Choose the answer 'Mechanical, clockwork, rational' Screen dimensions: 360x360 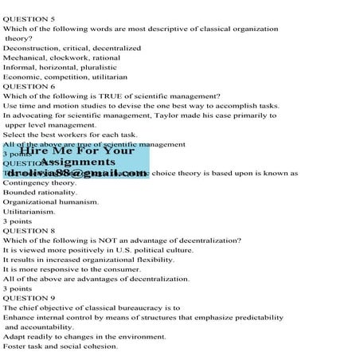click(62, 57)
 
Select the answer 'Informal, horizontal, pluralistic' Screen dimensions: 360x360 click(64, 67)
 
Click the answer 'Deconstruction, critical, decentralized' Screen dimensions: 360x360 click(72, 48)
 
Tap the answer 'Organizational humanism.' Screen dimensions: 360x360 click(51, 202)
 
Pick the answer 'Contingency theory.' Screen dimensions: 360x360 click(40, 182)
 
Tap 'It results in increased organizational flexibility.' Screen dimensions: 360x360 click(88, 260)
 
